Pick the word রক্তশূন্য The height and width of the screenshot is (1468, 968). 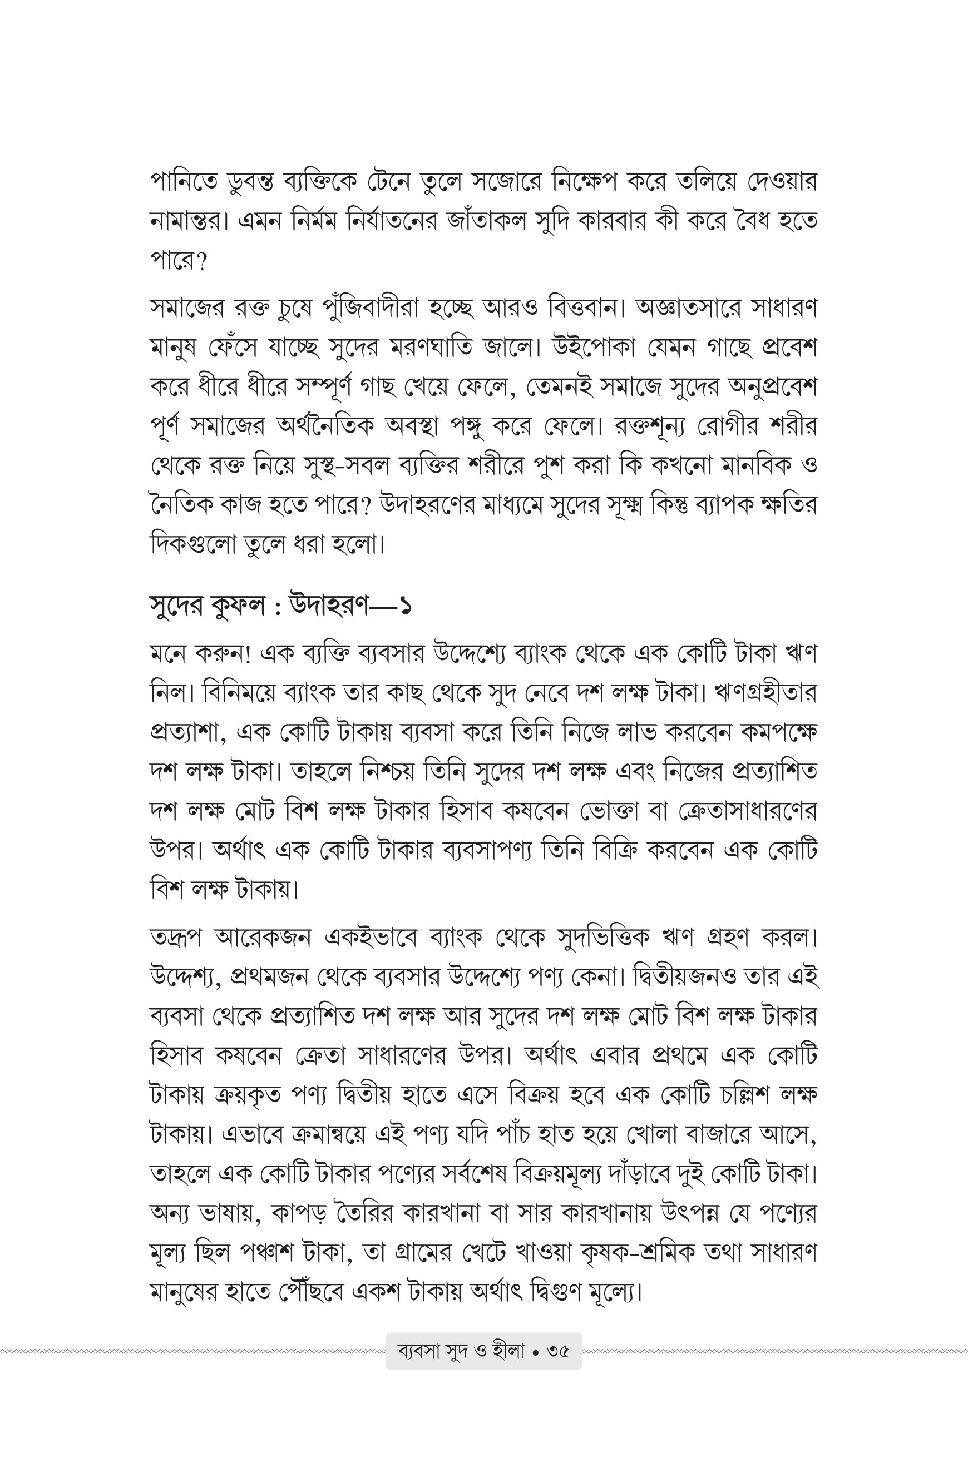(651, 426)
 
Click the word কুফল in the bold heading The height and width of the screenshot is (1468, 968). (236, 606)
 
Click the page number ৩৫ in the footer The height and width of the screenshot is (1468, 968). (557, 1351)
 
